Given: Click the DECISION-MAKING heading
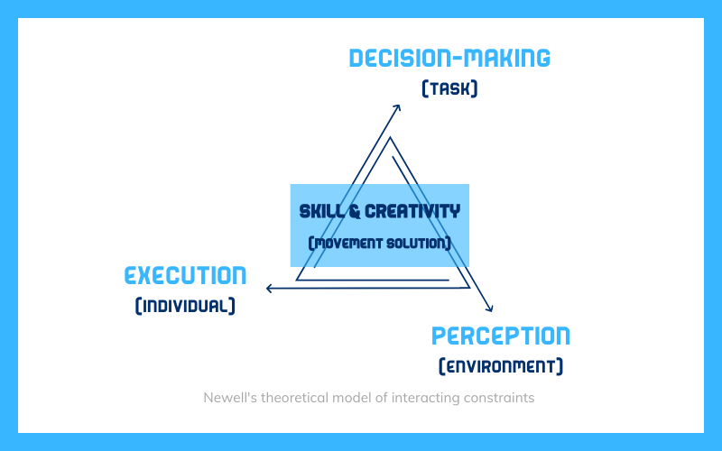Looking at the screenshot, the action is [x=449, y=59].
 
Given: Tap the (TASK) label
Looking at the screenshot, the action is [x=449, y=88].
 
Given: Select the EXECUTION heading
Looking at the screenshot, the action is [x=186, y=276].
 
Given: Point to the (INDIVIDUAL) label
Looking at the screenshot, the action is [x=185, y=306].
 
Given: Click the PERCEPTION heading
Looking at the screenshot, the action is [x=501, y=336].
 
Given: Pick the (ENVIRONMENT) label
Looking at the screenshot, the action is [x=501, y=366].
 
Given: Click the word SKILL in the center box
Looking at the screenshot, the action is [x=321, y=212].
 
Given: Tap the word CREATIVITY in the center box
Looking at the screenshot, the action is [x=412, y=212].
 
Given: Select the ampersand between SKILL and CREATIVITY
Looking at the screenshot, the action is [x=355, y=212].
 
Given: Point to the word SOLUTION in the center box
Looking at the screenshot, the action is [x=416, y=243].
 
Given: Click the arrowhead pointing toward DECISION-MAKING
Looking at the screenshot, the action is [x=397, y=108].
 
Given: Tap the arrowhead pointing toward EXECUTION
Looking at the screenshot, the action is [x=270, y=289].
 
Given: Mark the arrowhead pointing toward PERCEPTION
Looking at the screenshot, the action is [x=490, y=308].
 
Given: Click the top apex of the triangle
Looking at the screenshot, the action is [x=391, y=137].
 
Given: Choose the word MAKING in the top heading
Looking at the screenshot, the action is [x=506, y=59].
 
